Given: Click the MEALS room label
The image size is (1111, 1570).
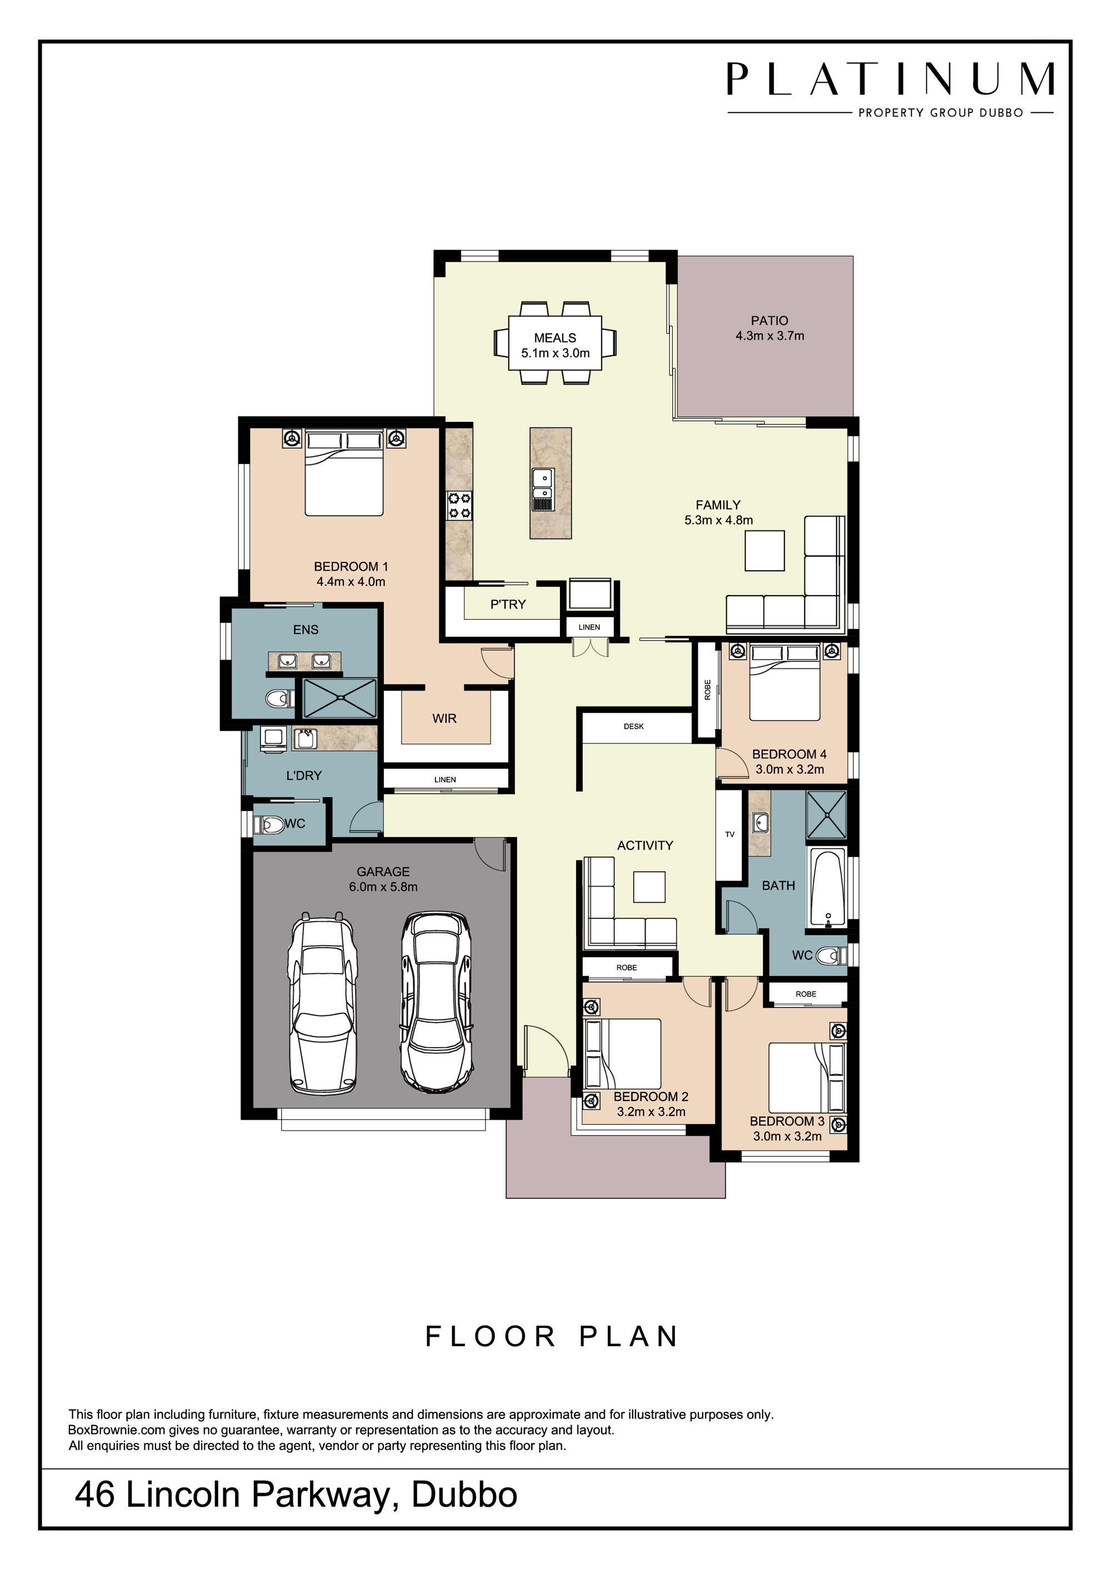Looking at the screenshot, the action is (555, 338).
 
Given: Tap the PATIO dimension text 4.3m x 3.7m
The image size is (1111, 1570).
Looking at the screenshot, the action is (769, 336).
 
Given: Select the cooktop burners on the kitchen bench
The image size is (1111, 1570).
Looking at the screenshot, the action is (459, 506).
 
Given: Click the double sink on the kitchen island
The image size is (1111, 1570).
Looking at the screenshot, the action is (543, 490).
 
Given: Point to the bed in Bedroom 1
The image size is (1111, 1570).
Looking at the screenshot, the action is (344, 472).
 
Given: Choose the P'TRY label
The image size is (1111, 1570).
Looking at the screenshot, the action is (508, 605).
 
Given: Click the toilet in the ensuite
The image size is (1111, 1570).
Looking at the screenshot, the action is (278, 698).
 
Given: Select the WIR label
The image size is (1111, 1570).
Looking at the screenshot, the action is (444, 719).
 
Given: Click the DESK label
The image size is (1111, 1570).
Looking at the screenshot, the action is (633, 726).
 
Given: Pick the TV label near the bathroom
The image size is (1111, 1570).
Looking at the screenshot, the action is (729, 834).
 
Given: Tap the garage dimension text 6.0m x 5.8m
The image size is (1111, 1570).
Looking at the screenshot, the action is (383, 887).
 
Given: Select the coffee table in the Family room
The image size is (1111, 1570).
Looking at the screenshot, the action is (764, 551).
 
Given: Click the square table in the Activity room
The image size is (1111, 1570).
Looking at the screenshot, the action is (649, 887).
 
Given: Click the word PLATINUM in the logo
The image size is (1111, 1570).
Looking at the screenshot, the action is (890, 79).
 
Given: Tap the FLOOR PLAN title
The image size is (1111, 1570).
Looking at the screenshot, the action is (552, 1337).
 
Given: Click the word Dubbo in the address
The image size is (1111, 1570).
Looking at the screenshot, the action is (464, 1495).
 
